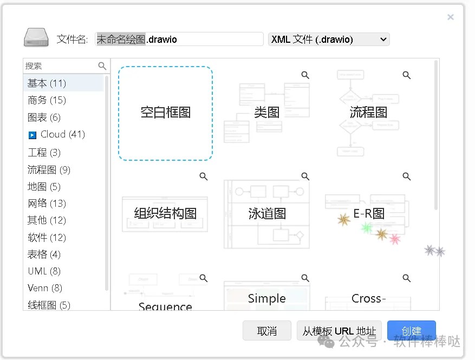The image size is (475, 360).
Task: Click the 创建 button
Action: (x=411, y=331)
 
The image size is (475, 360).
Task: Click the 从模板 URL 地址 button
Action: (x=340, y=331)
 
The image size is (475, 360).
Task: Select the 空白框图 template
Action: (x=165, y=113)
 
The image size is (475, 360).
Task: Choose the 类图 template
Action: (x=267, y=113)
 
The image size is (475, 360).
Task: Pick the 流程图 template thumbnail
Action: (x=368, y=113)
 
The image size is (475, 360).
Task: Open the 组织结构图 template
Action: (x=165, y=213)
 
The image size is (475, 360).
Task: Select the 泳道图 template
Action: (x=267, y=213)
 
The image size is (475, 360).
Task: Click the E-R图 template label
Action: (x=369, y=213)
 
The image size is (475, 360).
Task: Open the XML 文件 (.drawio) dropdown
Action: (x=329, y=40)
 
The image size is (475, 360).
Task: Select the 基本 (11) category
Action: (x=47, y=83)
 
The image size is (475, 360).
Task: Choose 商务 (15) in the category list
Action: (x=47, y=100)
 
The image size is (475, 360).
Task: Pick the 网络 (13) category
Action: (x=47, y=204)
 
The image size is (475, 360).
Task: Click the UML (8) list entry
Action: (x=44, y=271)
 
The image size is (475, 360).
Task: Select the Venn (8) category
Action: (x=45, y=288)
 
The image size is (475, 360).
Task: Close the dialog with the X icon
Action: (x=450, y=17)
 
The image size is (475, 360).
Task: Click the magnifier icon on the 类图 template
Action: (x=305, y=75)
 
